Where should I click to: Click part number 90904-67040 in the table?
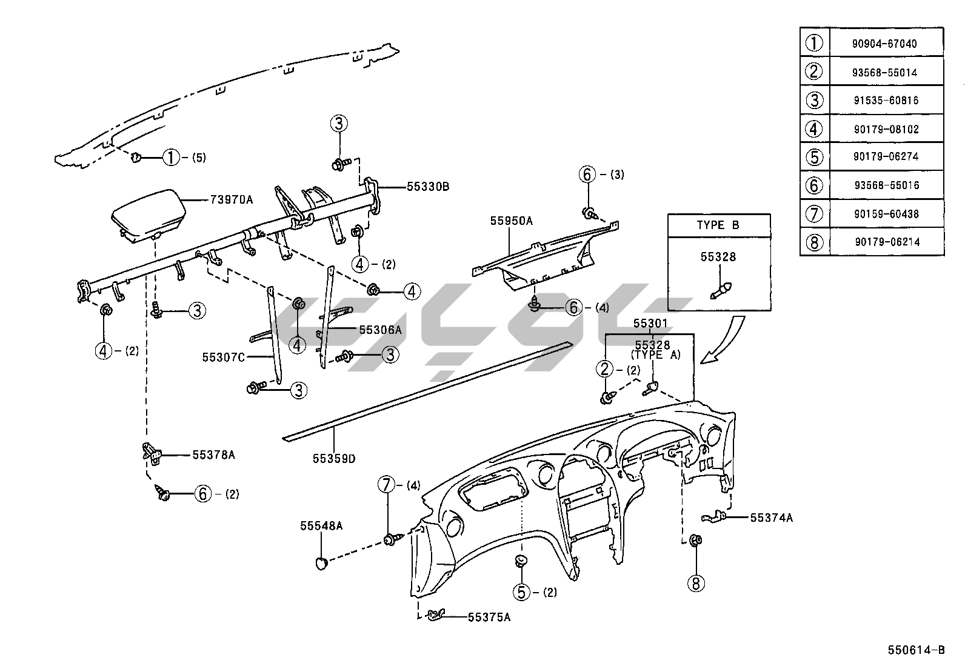tap(886, 44)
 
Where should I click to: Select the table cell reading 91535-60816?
tap(886, 100)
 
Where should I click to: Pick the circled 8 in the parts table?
tap(814, 242)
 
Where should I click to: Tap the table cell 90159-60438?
tap(887, 213)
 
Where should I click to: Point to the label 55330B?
tap(428, 187)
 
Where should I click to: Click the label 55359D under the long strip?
tap(334, 459)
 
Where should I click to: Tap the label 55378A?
tap(213, 455)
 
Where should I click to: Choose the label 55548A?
tap(321, 526)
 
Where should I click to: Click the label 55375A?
tap(489, 618)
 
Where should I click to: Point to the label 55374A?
tap(772, 518)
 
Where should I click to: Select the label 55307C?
tap(223, 358)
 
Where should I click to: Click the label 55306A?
tap(380, 330)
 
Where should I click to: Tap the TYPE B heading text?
tap(718, 225)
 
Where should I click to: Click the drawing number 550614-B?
tap(917, 650)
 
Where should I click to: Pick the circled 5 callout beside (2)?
tap(522, 592)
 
